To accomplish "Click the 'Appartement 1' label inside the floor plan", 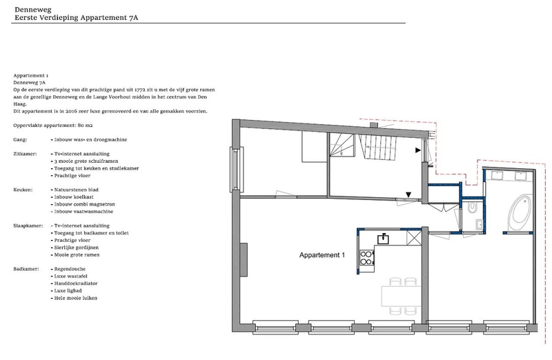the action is click(x=322, y=255).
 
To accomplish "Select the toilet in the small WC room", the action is click(x=472, y=208).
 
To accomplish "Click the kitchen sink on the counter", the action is click(x=383, y=239).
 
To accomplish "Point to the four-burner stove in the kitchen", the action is click(x=366, y=257).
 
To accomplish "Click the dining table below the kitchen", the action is click(x=401, y=296).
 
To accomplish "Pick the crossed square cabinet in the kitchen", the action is click(x=413, y=237).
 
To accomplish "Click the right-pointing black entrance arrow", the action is click(x=418, y=150).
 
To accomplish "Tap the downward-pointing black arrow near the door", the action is click(x=408, y=194).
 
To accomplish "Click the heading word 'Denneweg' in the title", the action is click(x=32, y=10).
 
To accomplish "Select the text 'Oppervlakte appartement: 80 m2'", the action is click(x=53, y=126).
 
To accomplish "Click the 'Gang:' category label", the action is click(x=20, y=140).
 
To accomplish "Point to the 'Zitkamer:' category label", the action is click(x=25, y=154).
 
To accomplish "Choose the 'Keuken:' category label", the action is click(x=23, y=190).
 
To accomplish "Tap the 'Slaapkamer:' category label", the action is click(x=28, y=226).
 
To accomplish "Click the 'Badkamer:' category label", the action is click(x=26, y=269).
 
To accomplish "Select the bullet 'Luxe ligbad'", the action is click(x=68, y=290).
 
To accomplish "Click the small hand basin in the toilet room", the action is click(x=479, y=224).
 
